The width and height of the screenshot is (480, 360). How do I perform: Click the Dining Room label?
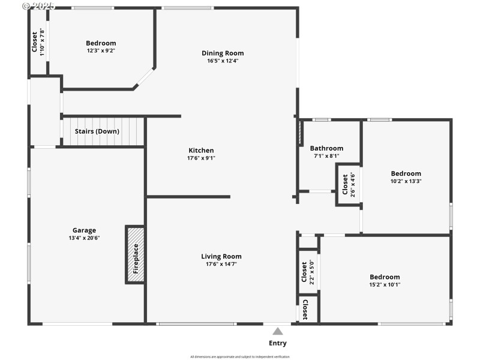click(223, 53)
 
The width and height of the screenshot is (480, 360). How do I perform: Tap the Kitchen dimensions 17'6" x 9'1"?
click(201, 158)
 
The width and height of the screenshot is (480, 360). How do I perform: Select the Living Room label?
click(221, 256)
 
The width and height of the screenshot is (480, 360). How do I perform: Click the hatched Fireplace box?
click(135, 254)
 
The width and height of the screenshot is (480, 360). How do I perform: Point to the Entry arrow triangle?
click(278, 331)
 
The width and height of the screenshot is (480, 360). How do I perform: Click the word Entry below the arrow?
click(278, 343)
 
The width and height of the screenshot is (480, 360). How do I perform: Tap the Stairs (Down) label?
click(97, 131)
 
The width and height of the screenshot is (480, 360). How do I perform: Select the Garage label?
click(84, 230)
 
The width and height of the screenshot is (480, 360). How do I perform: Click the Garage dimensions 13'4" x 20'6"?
click(84, 238)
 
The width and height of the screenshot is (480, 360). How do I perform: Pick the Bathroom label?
click(326, 148)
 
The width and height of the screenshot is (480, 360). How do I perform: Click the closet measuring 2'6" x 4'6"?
click(348, 185)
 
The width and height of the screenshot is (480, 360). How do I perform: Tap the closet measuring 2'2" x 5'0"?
click(308, 272)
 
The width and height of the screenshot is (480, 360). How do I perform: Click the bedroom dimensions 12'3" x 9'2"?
click(101, 50)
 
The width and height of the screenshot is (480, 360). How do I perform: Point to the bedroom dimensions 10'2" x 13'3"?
click(406, 181)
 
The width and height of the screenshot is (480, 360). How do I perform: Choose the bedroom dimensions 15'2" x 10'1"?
click(385, 284)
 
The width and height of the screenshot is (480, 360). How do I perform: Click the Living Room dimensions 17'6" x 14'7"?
click(221, 264)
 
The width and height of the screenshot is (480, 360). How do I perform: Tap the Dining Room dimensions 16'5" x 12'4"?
click(223, 61)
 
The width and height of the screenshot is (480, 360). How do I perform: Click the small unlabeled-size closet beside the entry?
click(307, 310)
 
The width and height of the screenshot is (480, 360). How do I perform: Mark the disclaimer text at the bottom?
click(239, 356)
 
